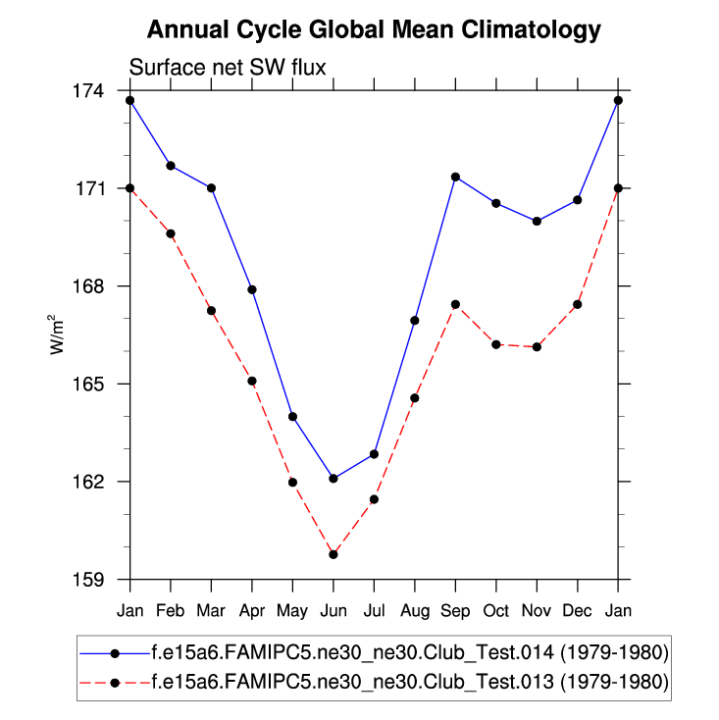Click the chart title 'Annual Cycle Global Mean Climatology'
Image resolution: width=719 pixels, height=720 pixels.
[x=373, y=30]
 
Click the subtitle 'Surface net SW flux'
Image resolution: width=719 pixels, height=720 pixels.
[x=228, y=68]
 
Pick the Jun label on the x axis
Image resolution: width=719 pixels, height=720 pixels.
[x=334, y=610]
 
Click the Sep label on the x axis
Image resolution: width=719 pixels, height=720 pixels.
[x=455, y=610]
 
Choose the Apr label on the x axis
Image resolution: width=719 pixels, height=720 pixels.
[x=252, y=610]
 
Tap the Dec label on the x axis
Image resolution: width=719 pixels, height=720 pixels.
[x=578, y=610]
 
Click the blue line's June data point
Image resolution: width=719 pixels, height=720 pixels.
[x=334, y=479]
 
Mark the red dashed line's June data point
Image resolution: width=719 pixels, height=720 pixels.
[x=334, y=554]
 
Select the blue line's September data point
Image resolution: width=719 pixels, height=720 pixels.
[x=455, y=177]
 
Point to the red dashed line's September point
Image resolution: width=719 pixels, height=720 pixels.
[x=455, y=304]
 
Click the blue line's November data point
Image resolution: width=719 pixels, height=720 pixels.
[x=537, y=221]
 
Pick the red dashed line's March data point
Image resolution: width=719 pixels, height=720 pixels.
[x=211, y=310]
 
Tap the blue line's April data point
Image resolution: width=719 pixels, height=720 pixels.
[x=252, y=289]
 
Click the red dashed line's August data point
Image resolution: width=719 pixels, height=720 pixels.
[x=415, y=398]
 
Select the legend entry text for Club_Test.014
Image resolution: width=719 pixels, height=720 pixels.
[x=410, y=652]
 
